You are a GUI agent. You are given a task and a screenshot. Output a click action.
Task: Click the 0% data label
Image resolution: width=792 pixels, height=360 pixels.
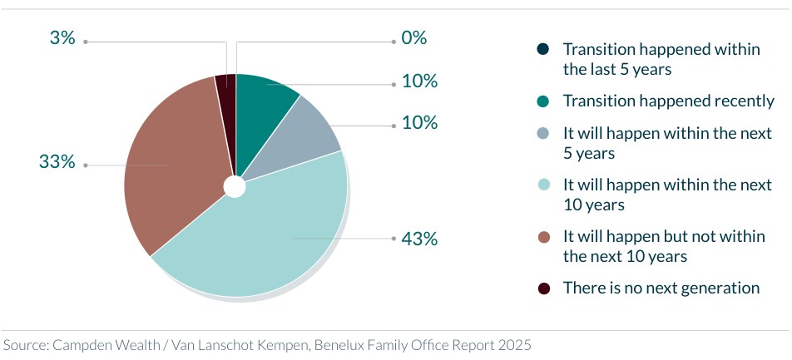coord(413,38)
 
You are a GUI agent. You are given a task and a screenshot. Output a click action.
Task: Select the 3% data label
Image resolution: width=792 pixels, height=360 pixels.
coord(62,39)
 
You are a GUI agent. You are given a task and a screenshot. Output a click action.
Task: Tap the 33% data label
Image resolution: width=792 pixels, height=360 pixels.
coord(57,162)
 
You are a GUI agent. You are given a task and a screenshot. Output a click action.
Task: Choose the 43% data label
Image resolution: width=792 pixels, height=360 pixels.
coord(418,239)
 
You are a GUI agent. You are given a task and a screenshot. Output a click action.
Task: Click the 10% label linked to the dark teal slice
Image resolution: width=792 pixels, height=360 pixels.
coord(418,82)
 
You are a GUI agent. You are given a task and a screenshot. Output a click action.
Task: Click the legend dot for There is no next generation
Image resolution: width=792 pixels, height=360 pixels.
coord(544,288)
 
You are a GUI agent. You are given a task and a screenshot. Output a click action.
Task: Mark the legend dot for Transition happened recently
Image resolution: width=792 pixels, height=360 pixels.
coord(544,101)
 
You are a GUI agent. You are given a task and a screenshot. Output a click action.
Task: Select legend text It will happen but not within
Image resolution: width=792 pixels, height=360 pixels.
coord(663,237)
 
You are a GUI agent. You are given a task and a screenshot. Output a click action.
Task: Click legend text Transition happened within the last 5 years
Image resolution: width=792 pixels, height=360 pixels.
coord(661,59)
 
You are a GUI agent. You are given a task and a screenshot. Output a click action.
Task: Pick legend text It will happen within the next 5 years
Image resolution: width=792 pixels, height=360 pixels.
coord(667,143)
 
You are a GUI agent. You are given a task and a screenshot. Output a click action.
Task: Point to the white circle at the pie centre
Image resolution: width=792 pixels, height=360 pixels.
coord(235,186)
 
